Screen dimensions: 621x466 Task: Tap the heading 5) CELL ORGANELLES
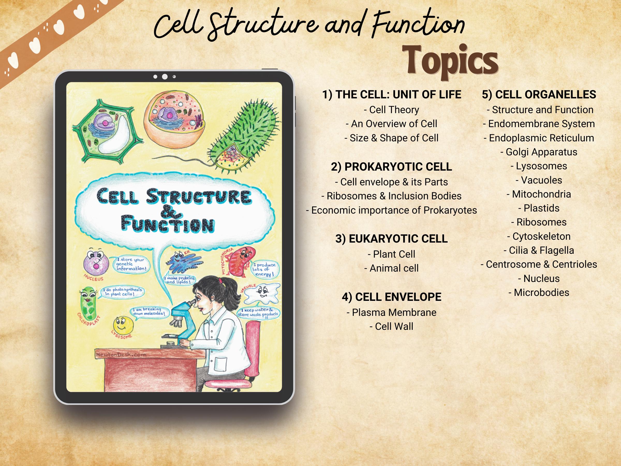click(539, 95)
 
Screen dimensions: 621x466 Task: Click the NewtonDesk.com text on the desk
click(121, 355)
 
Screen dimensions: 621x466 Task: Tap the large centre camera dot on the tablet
click(165, 77)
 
